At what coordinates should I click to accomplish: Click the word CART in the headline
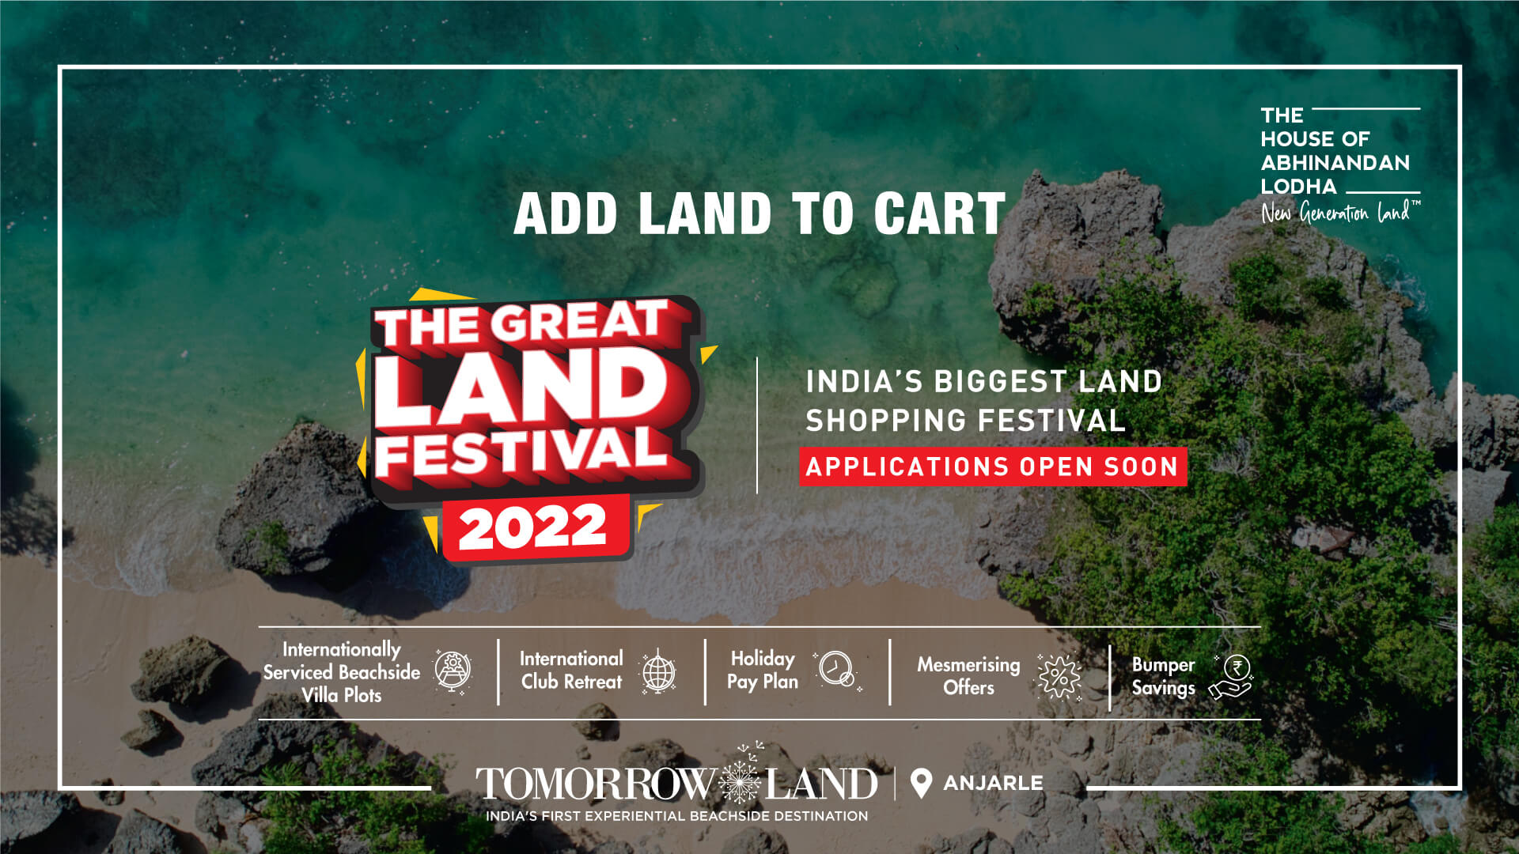coord(939,213)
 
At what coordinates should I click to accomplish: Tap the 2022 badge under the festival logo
coord(534,528)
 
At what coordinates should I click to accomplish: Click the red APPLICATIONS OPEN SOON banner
coord(993,467)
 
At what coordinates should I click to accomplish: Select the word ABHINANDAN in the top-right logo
coord(1335,163)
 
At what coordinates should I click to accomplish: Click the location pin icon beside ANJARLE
coord(920,784)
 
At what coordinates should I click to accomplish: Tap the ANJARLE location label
coord(993,783)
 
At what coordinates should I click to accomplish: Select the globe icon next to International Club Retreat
coord(658,672)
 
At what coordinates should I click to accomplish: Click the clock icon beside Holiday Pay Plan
coord(836,670)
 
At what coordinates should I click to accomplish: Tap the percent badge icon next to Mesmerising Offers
coord(1059,677)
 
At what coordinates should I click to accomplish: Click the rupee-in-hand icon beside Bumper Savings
coord(1231,677)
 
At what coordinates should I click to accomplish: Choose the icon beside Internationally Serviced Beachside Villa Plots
coord(453,671)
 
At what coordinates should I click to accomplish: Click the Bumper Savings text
coord(1163,677)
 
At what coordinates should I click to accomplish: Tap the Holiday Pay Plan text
coord(763,670)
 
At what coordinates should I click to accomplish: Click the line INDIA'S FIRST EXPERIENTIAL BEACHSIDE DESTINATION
coord(676,816)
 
